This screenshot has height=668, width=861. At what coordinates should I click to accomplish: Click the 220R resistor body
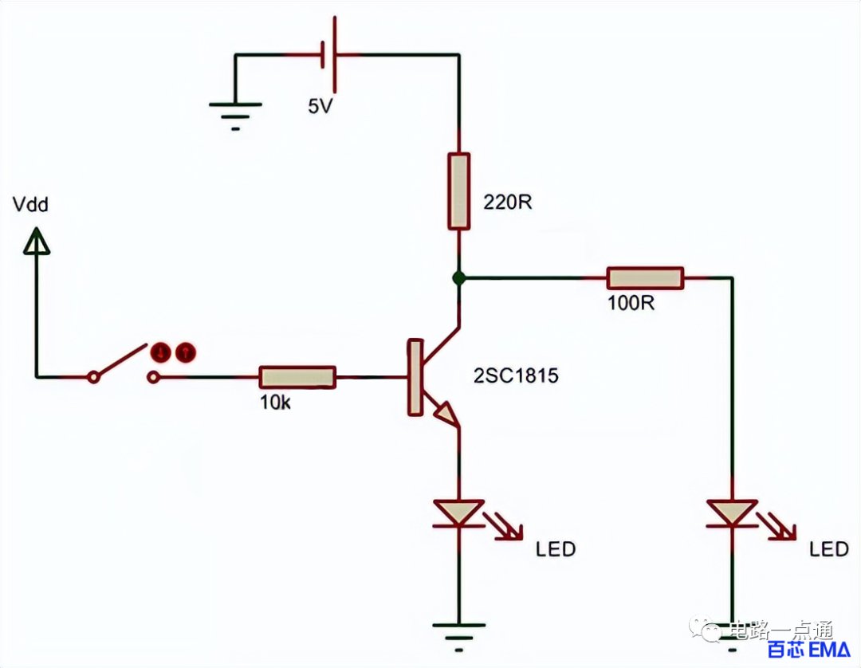pyautogui.click(x=458, y=191)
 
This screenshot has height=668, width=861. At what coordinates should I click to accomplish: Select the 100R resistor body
pyautogui.click(x=645, y=278)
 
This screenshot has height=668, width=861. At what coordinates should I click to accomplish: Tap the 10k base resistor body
pyautogui.click(x=297, y=377)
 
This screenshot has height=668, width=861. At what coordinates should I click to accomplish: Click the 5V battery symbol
pyautogui.click(x=329, y=54)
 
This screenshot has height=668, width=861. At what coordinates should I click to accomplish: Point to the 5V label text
pyautogui.click(x=320, y=106)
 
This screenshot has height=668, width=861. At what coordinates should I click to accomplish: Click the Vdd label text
pyautogui.click(x=31, y=205)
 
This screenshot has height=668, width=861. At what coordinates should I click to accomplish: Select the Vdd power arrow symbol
pyautogui.click(x=37, y=242)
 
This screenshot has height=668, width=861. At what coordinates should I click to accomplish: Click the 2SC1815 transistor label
pyautogui.click(x=516, y=375)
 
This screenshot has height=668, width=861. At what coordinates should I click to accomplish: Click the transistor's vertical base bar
pyautogui.click(x=415, y=377)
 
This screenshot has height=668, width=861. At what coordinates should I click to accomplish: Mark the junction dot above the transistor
pyautogui.click(x=458, y=278)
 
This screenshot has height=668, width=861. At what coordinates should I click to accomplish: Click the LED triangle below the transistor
pyautogui.click(x=458, y=513)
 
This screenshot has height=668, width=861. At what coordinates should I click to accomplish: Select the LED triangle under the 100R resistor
pyautogui.click(x=732, y=513)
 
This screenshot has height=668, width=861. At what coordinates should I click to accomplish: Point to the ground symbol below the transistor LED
pyautogui.click(x=458, y=637)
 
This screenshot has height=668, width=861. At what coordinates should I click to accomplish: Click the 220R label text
pyautogui.click(x=507, y=202)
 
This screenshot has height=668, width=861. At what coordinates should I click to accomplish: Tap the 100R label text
pyautogui.click(x=631, y=303)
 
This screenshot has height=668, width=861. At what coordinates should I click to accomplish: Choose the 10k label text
pyautogui.click(x=275, y=403)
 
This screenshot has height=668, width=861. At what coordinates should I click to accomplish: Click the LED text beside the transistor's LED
pyautogui.click(x=555, y=549)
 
